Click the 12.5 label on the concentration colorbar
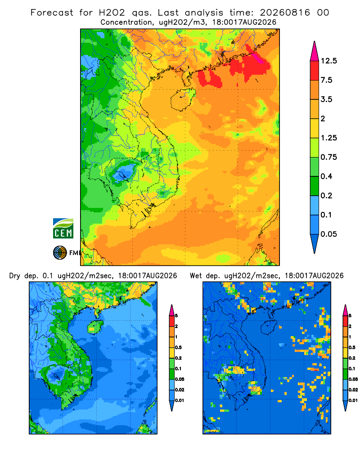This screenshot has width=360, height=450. pyautogui.click(x=328, y=61)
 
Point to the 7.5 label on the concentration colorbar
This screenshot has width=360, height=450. pyautogui.click(x=326, y=80)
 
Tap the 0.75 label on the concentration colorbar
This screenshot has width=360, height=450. pyautogui.click(x=328, y=157)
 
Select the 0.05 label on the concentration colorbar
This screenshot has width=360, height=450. pyautogui.click(x=328, y=234)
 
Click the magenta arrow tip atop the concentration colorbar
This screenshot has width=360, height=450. pyautogui.click(x=315, y=51)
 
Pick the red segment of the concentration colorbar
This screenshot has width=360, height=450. pyautogui.click(x=315, y=71)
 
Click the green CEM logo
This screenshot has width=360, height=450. pyautogui.click(x=63, y=229)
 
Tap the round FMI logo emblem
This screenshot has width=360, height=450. pyautogui.click(x=60, y=253)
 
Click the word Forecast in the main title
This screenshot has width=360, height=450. pyautogui.click(x=52, y=13)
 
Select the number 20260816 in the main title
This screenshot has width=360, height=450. pyautogui.click(x=285, y=13)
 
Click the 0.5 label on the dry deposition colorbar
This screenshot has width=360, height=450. pyautogui.click(x=178, y=347)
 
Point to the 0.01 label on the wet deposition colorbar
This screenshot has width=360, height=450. pyautogui.click(x=353, y=400)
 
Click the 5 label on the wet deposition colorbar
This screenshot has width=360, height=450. pyautogui.click(x=350, y=316)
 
